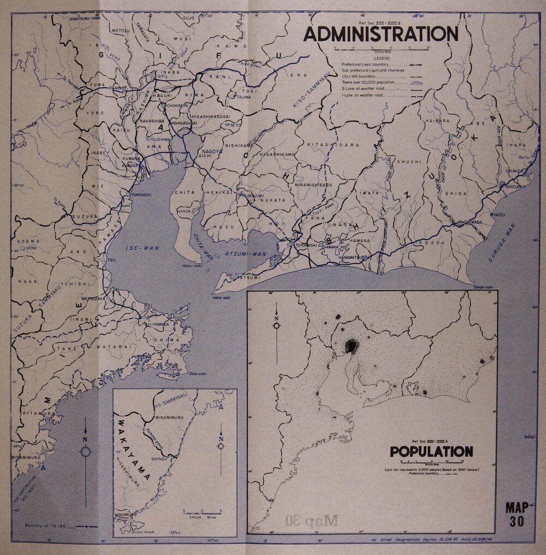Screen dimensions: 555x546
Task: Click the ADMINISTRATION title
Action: [381, 34]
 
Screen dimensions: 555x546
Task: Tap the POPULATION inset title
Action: [431, 452]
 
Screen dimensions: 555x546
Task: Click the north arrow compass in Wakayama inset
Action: [221, 446]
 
